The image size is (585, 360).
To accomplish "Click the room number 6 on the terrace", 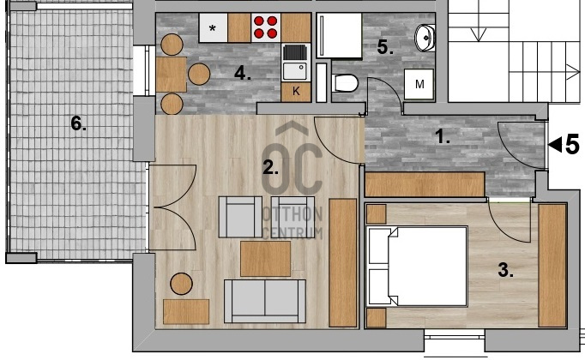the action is click(x=78, y=123).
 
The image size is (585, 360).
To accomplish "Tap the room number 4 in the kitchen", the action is click(x=242, y=74).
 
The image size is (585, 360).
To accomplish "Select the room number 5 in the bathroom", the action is click(x=385, y=47).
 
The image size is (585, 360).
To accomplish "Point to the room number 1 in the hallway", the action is click(x=443, y=137).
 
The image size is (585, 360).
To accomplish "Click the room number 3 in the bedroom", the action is click(x=505, y=270).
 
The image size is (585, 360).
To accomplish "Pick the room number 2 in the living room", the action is click(x=270, y=168).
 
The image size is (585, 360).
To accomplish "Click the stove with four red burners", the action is click(x=266, y=27).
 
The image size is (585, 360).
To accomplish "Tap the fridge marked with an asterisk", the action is click(x=213, y=27).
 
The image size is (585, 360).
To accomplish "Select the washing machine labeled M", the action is click(x=419, y=84).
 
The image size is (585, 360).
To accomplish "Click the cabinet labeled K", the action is click(x=296, y=92).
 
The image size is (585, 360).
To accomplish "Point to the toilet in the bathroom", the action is click(x=345, y=83).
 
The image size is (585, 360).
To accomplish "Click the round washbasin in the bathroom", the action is click(x=425, y=38).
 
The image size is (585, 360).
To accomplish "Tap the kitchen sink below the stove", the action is click(x=295, y=63).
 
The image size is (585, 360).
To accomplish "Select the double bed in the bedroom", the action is click(x=418, y=266).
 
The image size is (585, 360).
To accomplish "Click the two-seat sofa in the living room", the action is click(x=265, y=301).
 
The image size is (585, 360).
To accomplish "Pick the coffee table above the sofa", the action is click(x=265, y=259).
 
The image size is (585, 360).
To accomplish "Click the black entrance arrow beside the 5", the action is click(x=555, y=145).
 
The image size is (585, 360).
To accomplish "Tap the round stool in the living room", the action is click(x=181, y=284).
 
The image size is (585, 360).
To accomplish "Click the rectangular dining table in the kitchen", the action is click(x=172, y=75).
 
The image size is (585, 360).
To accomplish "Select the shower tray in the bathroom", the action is click(x=339, y=35).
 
